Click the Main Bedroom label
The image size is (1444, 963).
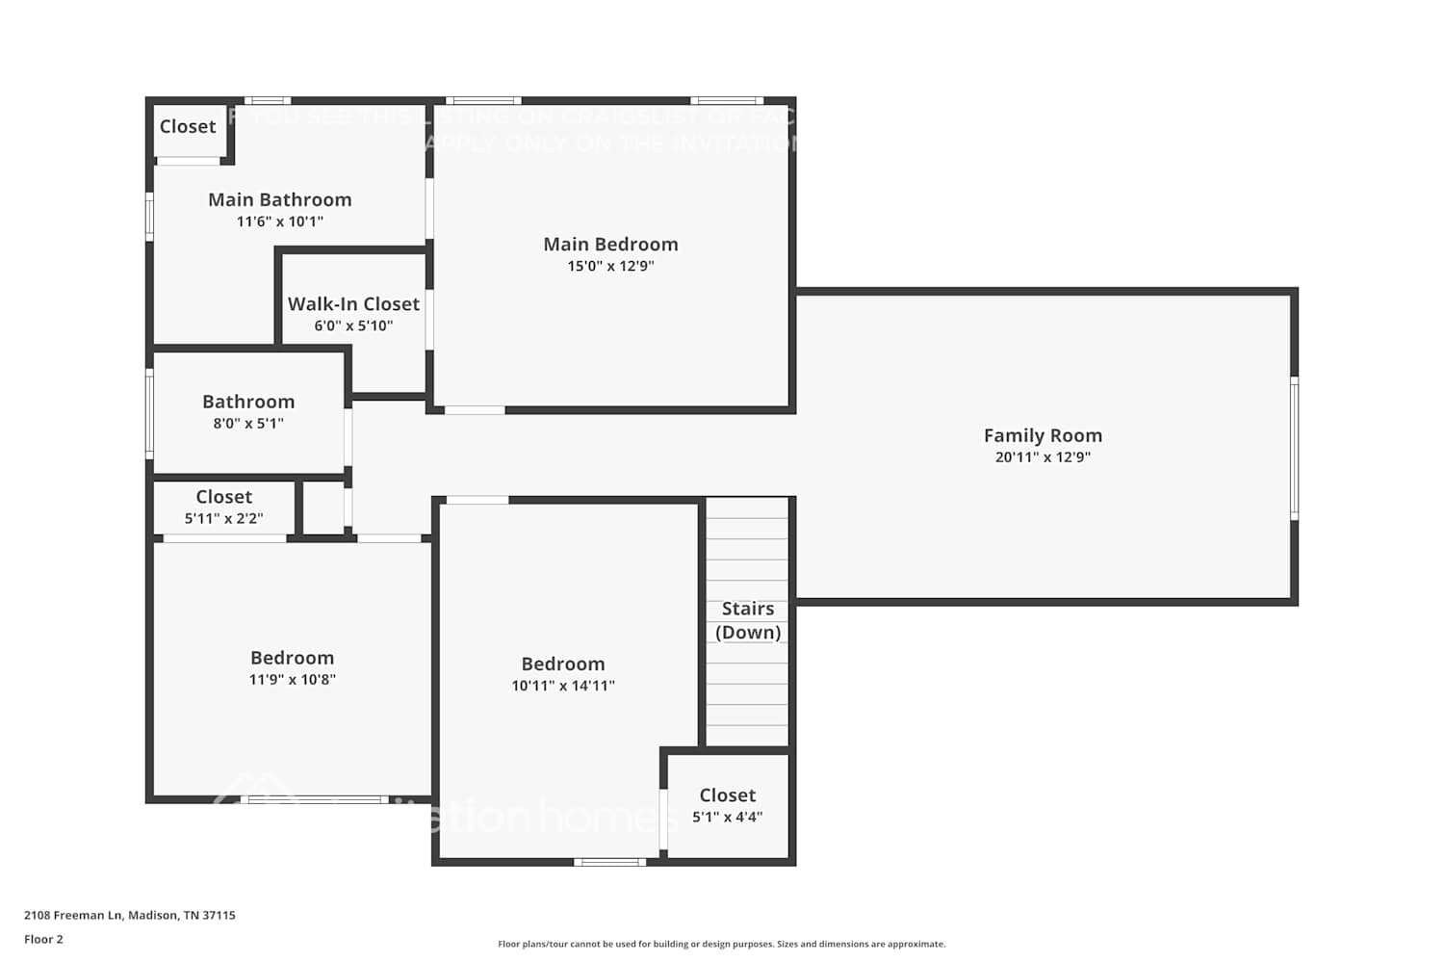[610, 245]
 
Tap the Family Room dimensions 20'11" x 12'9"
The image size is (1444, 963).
[1043, 457]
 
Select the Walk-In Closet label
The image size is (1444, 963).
[353, 304]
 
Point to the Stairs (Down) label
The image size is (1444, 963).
[748, 620]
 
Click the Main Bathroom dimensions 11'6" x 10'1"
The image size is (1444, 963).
[280, 221]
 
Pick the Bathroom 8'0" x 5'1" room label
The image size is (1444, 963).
[248, 402]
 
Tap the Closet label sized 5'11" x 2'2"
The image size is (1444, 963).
[223, 497]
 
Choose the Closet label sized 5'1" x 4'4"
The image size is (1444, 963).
[727, 795]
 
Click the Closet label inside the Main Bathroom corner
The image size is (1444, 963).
[188, 127]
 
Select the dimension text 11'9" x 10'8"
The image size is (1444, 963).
[292, 680]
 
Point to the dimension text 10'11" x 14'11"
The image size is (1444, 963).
[563, 687]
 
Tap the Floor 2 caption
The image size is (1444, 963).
[43, 940]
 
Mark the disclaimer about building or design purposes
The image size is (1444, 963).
[721, 945]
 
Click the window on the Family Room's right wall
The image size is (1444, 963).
[1294, 448]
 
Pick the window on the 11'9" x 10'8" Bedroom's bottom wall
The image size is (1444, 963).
[315, 799]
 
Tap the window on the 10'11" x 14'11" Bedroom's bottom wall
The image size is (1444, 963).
[610, 862]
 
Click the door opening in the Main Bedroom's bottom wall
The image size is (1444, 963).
[475, 410]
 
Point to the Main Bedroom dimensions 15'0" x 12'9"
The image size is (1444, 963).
[610, 267]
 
